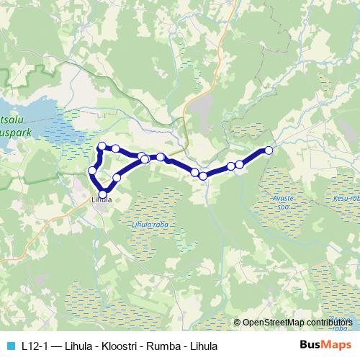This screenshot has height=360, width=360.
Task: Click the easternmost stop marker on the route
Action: click(x=269, y=150)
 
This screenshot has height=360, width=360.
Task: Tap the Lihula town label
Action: click(x=102, y=201)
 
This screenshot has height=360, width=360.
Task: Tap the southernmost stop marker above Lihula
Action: click(x=102, y=194)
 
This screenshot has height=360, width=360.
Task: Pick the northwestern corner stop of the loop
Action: click(x=102, y=146)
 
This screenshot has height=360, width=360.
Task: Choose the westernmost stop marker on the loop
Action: click(x=92, y=171)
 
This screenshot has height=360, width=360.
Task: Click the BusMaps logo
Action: click(x=326, y=344)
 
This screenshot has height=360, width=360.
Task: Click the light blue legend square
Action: click(x=9, y=344)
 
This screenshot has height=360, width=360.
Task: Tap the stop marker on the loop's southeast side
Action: click(x=117, y=177)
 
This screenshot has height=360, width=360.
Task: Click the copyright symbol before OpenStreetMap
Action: click(x=238, y=323)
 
